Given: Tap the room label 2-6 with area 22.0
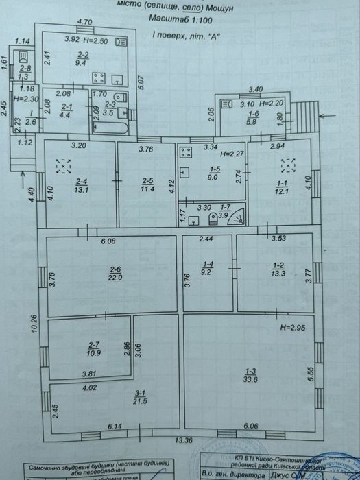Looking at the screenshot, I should [114, 273].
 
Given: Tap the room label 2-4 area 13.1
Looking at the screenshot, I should [82, 187].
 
